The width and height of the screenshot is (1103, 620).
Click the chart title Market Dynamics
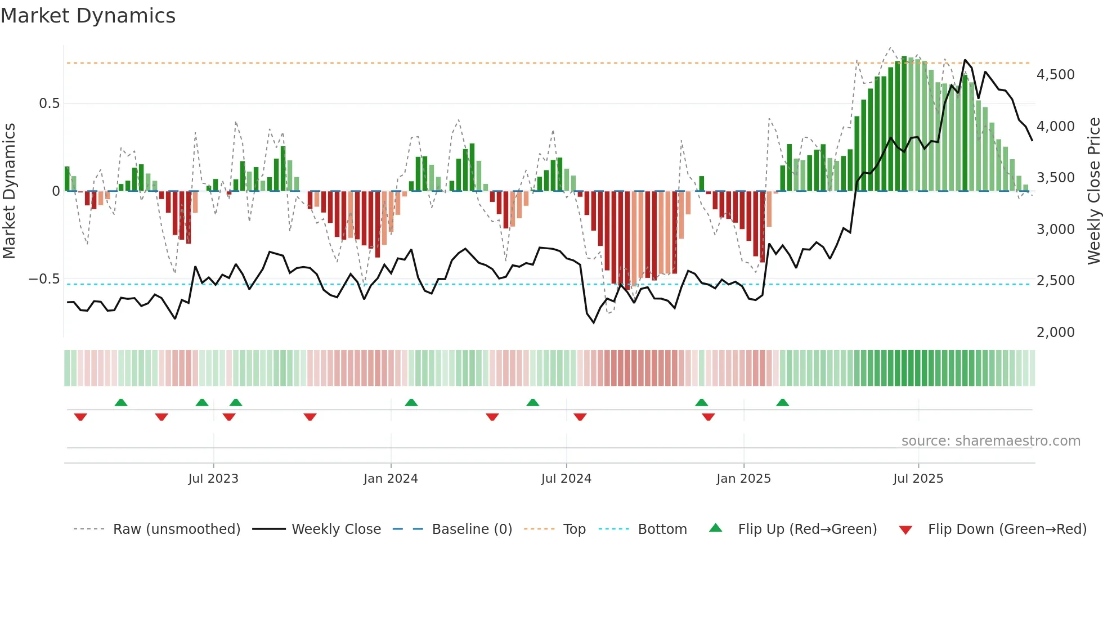88,16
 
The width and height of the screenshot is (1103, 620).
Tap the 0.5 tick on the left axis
49,104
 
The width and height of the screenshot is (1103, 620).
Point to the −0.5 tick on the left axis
44,279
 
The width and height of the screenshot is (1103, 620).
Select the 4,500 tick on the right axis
1055,75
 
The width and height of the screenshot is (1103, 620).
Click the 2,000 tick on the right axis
1055,333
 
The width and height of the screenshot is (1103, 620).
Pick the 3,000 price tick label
1055,230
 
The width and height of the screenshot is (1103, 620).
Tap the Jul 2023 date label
213,479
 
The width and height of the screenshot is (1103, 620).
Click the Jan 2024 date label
391,479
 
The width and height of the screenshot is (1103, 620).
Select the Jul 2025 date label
918,479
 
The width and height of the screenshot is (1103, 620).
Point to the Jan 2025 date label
743,479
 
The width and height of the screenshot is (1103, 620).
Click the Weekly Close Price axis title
1093,191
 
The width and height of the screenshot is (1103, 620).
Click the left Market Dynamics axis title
9,191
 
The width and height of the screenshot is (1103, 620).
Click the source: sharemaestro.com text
990,441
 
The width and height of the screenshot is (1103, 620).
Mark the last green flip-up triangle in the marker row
782,403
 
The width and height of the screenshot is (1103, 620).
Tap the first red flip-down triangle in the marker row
80,417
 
